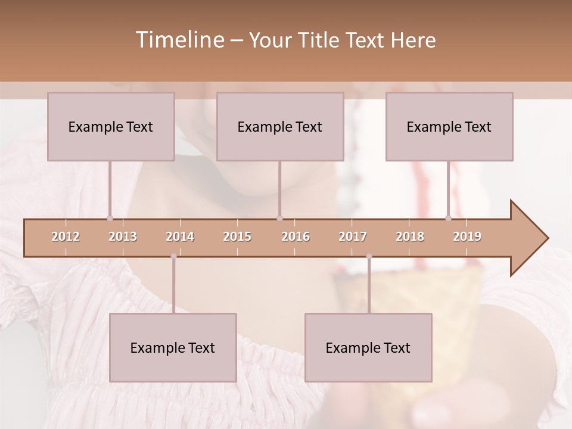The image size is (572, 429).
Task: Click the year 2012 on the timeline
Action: (x=66, y=237)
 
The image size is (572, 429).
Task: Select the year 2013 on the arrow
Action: (x=123, y=237)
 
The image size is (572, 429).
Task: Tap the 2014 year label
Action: (x=180, y=237)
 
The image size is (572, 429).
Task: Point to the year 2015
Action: (x=237, y=237)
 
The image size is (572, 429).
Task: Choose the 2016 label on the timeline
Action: (x=296, y=237)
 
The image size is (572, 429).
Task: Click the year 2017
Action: (x=353, y=237)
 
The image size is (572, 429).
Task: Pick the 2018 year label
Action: (x=410, y=237)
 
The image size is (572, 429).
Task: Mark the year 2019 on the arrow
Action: (x=467, y=237)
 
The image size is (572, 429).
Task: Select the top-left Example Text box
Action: (x=111, y=126)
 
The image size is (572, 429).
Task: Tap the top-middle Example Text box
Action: (x=280, y=126)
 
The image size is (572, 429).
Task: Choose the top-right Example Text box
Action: (x=449, y=126)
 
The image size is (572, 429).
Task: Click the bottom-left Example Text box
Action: (x=173, y=347)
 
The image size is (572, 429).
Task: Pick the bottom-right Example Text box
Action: (x=368, y=347)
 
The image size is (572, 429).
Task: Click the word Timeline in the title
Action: (x=179, y=40)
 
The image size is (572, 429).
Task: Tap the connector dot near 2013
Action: (x=110, y=218)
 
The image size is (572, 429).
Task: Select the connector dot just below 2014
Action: (x=173, y=256)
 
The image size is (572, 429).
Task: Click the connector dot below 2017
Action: (x=369, y=256)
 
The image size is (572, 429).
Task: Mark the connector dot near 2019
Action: (x=448, y=218)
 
